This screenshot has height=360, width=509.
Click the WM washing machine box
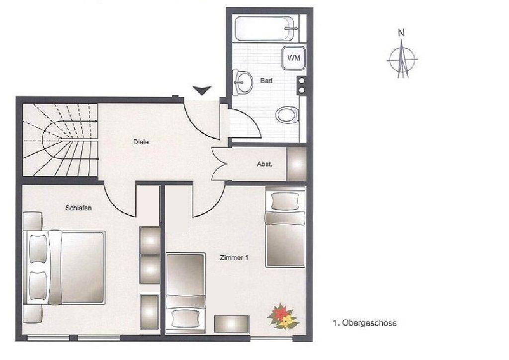click(x=293, y=58)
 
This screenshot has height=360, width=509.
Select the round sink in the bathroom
click(x=243, y=82)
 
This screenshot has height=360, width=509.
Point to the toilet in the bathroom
click(x=287, y=114)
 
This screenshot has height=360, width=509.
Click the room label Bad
click(x=266, y=81)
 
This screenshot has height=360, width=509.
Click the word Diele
click(x=141, y=142)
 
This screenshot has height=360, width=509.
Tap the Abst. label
click(x=264, y=164)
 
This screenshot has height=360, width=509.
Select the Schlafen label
click(x=79, y=208)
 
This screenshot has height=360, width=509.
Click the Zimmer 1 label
click(x=234, y=258)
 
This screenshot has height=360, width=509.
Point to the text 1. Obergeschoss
click(x=364, y=323)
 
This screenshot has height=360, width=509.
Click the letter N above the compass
click(x=402, y=33)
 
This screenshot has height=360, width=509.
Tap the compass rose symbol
click(x=402, y=59)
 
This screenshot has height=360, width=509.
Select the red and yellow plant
click(x=283, y=317)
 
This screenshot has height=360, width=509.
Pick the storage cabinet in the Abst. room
click(x=297, y=164)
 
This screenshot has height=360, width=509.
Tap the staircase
click(x=60, y=140)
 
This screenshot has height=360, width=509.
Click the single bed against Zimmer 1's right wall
click(x=285, y=227)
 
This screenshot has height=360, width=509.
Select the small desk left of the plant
click(x=232, y=324)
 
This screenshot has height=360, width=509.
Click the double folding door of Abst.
click(x=219, y=164)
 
